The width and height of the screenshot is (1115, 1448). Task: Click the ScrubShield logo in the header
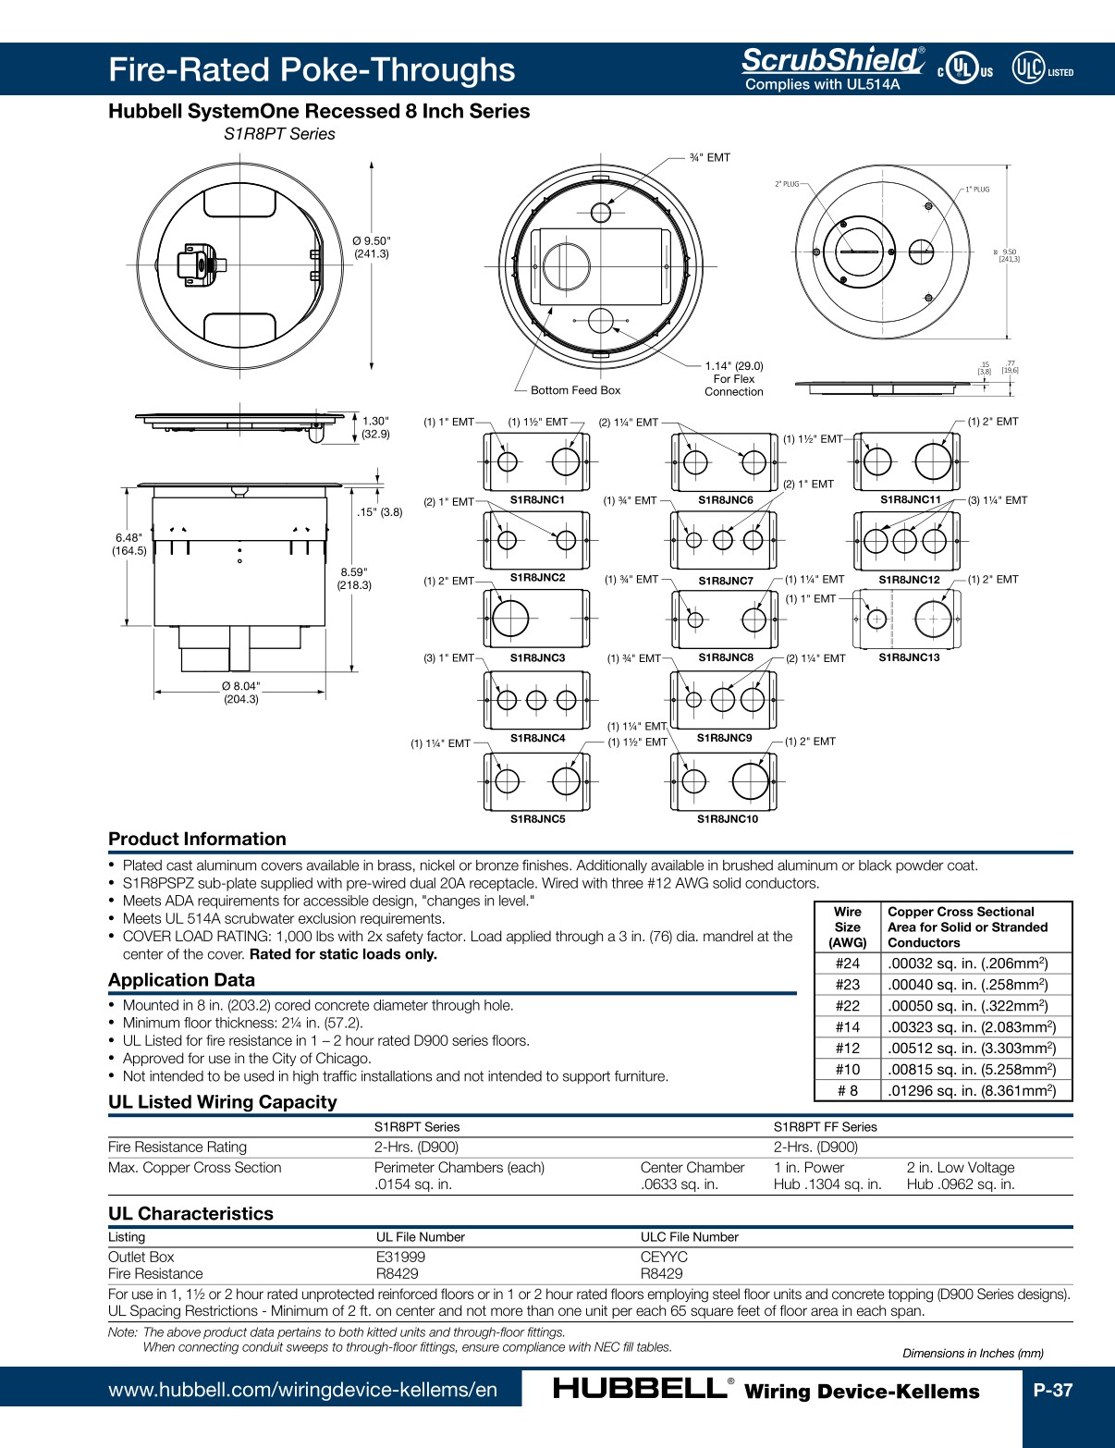(831, 61)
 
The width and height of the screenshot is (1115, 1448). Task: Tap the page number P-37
(1052, 1390)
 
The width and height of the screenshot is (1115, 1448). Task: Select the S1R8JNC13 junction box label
(908, 657)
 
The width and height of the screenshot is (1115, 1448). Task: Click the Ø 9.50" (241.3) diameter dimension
(371, 247)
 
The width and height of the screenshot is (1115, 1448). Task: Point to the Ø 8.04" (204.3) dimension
(240, 693)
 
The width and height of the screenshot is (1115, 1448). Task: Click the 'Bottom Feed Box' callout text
(575, 390)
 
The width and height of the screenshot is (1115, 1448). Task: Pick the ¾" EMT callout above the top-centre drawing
(709, 157)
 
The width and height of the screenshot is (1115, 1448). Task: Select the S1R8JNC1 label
(537, 499)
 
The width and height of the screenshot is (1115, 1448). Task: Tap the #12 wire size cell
(847, 1048)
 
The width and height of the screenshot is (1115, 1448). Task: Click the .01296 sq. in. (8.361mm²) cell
(972, 1090)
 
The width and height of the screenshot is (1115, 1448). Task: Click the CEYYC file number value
(664, 1257)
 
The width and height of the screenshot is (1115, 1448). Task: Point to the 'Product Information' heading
(197, 839)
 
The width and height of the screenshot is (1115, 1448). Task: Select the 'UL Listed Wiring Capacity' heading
(222, 1101)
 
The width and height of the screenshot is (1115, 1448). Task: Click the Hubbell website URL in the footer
(302, 1390)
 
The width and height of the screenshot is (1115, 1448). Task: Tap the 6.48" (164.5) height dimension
(129, 544)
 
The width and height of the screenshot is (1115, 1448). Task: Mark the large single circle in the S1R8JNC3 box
(510, 619)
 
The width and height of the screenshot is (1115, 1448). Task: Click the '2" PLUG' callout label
(787, 184)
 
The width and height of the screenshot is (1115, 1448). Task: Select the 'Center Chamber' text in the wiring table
(692, 1168)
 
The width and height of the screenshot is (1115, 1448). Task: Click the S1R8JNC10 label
(727, 818)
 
